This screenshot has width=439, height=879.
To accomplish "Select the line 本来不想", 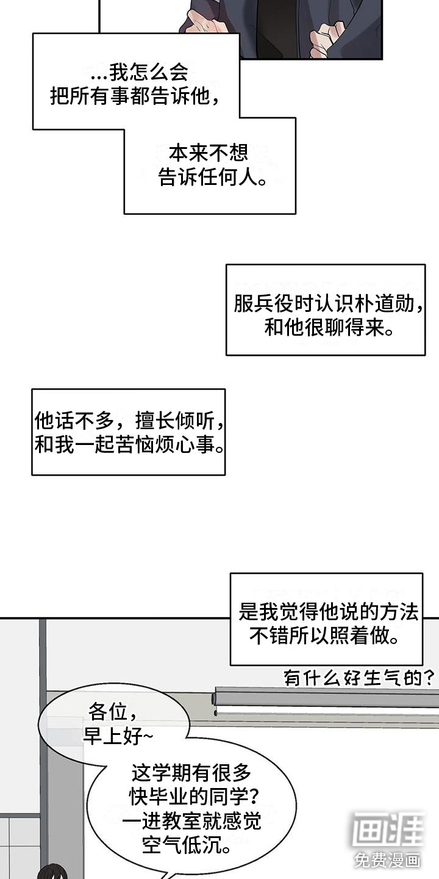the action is tap(209, 153).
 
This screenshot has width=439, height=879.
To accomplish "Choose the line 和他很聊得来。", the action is tap(329, 327).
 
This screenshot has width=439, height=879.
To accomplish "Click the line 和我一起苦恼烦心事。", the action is tap(129, 444).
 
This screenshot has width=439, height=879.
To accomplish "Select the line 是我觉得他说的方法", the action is tap(329, 612).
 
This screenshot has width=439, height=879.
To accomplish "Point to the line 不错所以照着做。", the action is tap(324, 635).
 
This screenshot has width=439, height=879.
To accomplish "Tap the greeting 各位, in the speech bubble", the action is tap(112, 712).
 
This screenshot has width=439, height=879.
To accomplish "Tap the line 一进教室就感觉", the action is tap(191, 821).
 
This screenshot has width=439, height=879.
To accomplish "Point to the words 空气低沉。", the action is tap(186, 844).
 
